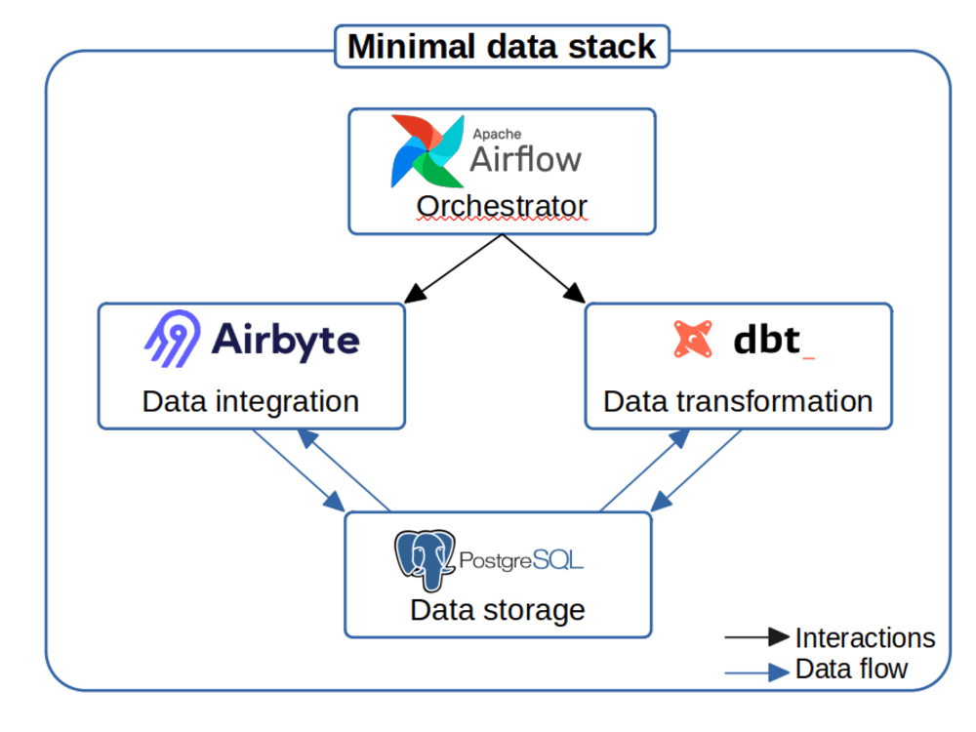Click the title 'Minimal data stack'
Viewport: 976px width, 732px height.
coord(502,46)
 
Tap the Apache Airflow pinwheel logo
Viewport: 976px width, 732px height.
coord(427,150)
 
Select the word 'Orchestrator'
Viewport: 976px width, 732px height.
coord(502,207)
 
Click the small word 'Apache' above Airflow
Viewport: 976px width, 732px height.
coord(497,134)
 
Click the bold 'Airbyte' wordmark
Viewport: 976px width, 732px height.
coord(286,340)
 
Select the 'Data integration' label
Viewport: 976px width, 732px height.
coord(251,401)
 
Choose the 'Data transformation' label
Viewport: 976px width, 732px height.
coord(738,401)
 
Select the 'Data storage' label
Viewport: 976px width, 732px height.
coord(497,610)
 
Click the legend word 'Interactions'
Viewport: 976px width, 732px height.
coord(865,638)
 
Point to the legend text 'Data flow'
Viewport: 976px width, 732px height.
coord(851,669)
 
